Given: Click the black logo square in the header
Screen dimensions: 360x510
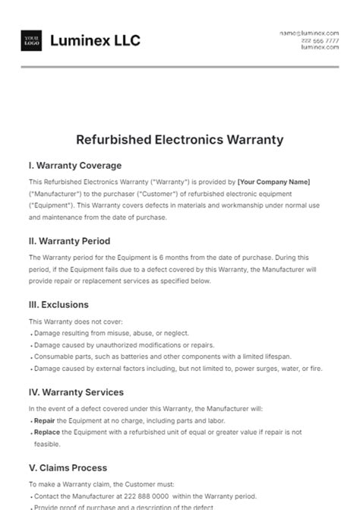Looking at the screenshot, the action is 31,40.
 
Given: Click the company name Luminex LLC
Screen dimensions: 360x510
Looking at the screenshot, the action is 95,40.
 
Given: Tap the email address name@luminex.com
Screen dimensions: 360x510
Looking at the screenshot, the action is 308,33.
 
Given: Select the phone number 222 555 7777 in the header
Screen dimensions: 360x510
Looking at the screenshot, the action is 320,40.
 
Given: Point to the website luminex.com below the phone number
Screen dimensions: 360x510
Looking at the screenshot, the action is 320,47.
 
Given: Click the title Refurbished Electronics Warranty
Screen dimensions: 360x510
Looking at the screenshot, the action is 180,139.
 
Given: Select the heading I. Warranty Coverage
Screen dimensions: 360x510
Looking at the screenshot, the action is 74,165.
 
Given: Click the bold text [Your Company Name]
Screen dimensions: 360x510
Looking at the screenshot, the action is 273,182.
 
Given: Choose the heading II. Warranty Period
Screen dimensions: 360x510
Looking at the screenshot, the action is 69,240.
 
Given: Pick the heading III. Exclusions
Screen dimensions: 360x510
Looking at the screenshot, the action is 59,304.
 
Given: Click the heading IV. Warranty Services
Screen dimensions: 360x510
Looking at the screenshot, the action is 76,392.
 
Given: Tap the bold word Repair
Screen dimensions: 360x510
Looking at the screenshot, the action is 44,420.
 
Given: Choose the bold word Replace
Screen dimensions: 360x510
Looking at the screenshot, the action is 46,432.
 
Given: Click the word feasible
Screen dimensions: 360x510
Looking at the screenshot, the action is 46,443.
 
